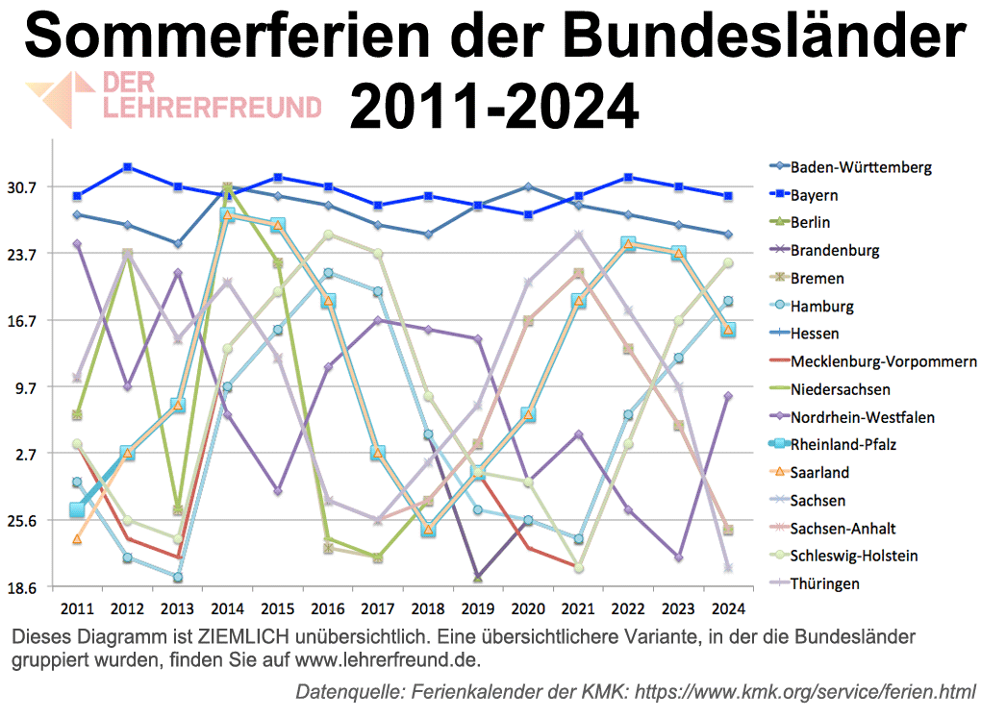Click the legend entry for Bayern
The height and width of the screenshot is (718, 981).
click(x=814, y=195)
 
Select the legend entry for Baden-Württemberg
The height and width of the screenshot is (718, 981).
click(x=861, y=167)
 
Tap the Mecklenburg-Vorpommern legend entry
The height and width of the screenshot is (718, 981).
click(x=883, y=361)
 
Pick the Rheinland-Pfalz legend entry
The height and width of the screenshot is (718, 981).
click(x=843, y=445)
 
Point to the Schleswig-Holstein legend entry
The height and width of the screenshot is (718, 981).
click(x=853, y=556)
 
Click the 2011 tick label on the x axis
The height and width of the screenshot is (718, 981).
click(x=77, y=608)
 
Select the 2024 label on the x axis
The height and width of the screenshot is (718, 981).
click(x=728, y=608)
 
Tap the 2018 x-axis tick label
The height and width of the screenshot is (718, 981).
click(x=428, y=608)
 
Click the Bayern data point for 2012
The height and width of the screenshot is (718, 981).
click(x=127, y=167)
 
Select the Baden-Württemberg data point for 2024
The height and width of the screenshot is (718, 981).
click(x=728, y=235)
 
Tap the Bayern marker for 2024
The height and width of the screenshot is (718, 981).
click(x=728, y=196)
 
